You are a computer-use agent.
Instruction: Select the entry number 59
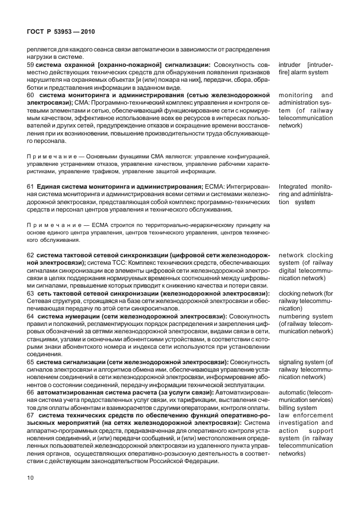point(31,65)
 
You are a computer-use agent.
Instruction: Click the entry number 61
point(31,187)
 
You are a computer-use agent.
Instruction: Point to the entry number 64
point(31,316)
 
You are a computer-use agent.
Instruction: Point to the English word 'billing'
point(289,408)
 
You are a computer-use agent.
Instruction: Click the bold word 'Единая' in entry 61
point(49,187)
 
